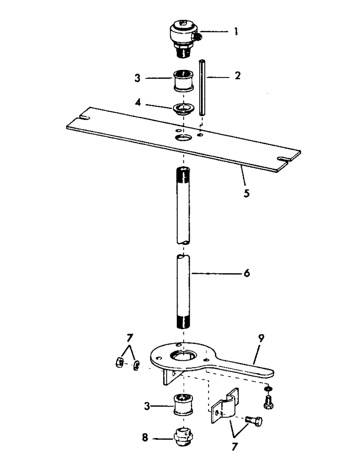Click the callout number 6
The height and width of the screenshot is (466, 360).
point(247,274)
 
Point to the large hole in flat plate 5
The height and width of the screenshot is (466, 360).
point(183,138)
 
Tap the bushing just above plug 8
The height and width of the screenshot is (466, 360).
point(183,404)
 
